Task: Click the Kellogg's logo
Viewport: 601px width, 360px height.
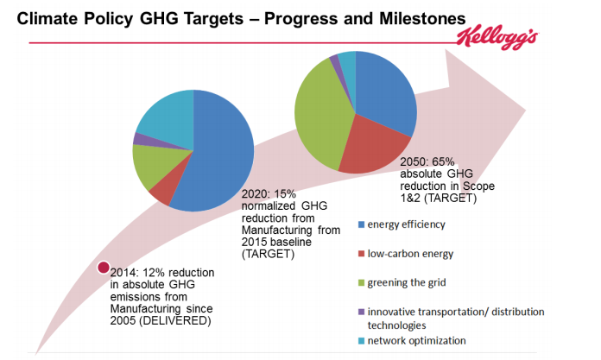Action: [x=497, y=38]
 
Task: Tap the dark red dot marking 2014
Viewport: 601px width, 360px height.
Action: [x=104, y=268]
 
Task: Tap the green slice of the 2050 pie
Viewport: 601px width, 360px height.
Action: [x=322, y=115]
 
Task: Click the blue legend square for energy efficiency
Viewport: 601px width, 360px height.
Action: [x=361, y=224]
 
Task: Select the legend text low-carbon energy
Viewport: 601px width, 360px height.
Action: [x=410, y=254]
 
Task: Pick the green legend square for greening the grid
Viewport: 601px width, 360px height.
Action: [x=361, y=283]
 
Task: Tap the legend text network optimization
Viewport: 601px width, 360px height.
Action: [x=416, y=341]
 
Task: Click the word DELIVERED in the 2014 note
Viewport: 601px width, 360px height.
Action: [x=174, y=320]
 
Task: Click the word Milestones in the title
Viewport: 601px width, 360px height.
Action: [x=422, y=18]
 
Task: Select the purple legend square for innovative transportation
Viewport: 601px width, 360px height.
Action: [x=361, y=312]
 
